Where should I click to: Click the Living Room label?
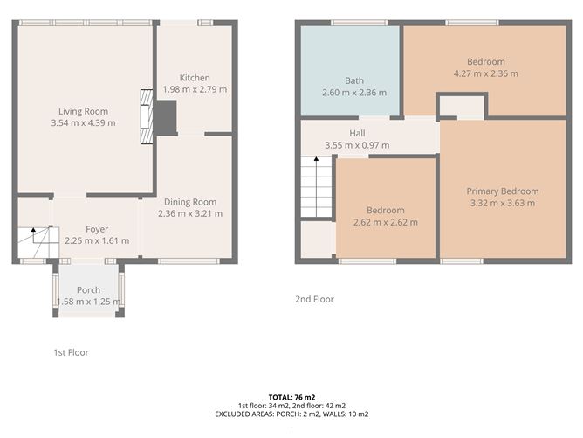tap(83, 111)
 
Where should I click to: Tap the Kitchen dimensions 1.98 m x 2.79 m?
tap(195, 89)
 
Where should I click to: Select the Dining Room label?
tap(190, 202)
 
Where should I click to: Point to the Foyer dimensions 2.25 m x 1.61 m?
tap(97, 241)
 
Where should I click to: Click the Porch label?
tap(88, 289)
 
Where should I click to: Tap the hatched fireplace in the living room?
tap(147, 116)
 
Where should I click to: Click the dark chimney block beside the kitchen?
tap(166, 118)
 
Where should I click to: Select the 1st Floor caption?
tap(71, 352)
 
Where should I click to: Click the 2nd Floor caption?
tap(314, 299)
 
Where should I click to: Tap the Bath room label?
tap(354, 80)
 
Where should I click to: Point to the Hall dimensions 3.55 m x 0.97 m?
tap(357, 145)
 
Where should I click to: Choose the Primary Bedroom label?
tap(503, 191)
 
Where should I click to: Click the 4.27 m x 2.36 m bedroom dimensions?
tap(485, 73)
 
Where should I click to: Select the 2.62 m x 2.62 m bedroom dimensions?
tap(386, 222)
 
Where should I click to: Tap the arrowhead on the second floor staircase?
tap(316, 159)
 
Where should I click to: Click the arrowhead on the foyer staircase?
tap(33, 230)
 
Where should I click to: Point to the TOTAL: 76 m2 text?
tap(291, 398)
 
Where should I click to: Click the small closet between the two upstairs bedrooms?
tap(463, 108)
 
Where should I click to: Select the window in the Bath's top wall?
tap(360, 23)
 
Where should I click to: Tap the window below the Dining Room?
tap(189, 261)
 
